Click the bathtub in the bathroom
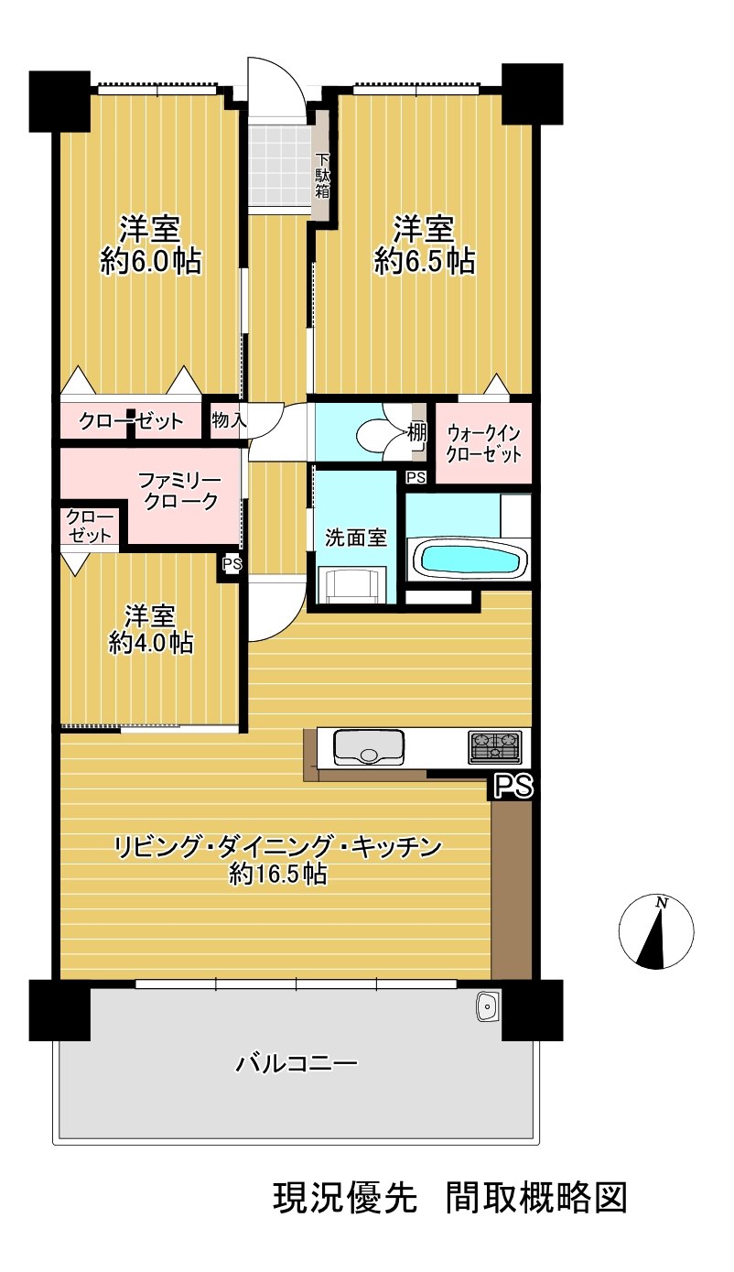pos(469,559)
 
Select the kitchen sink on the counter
pos(369,747)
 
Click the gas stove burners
pos(495,746)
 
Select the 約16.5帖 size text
pos(277,875)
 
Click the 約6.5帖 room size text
pos(424,262)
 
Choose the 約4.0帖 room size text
pos(150,643)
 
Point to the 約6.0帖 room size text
pos(150,262)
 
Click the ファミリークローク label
pos(180,491)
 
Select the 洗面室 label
pos(355,538)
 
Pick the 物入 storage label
pos(229,420)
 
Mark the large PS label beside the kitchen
pos(514,786)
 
